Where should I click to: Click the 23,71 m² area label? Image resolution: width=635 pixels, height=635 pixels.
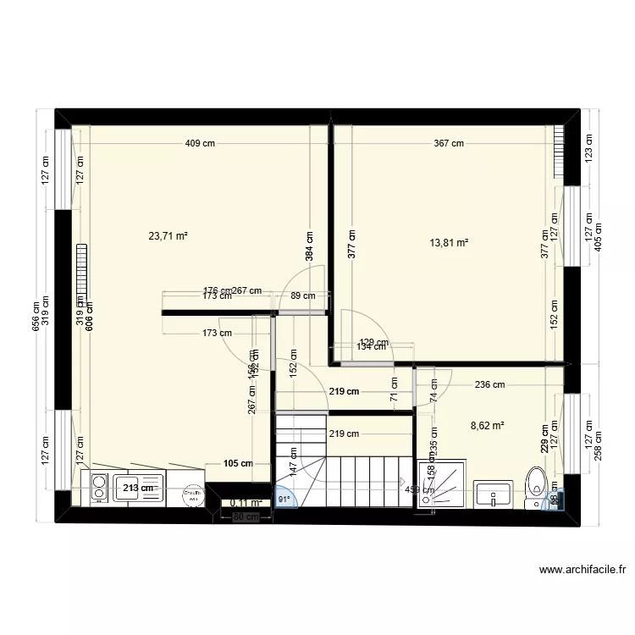pyautogui.click(x=168, y=237)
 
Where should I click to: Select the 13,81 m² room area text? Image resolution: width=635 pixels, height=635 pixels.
pyautogui.click(x=450, y=243)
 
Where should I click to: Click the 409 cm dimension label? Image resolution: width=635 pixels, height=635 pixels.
pyautogui.click(x=200, y=144)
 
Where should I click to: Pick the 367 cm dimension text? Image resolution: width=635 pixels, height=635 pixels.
pyautogui.click(x=449, y=144)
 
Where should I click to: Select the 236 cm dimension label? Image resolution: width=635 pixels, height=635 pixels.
pyautogui.click(x=490, y=384)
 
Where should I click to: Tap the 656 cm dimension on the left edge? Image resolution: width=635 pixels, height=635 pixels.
pyautogui.click(x=36, y=317)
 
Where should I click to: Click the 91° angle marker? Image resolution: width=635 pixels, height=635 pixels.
pyautogui.click(x=284, y=500)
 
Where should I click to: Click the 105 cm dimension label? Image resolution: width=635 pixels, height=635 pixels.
pyautogui.click(x=240, y=463)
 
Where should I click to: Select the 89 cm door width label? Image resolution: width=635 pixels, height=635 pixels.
pyautogui.click(x=302, y=296)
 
